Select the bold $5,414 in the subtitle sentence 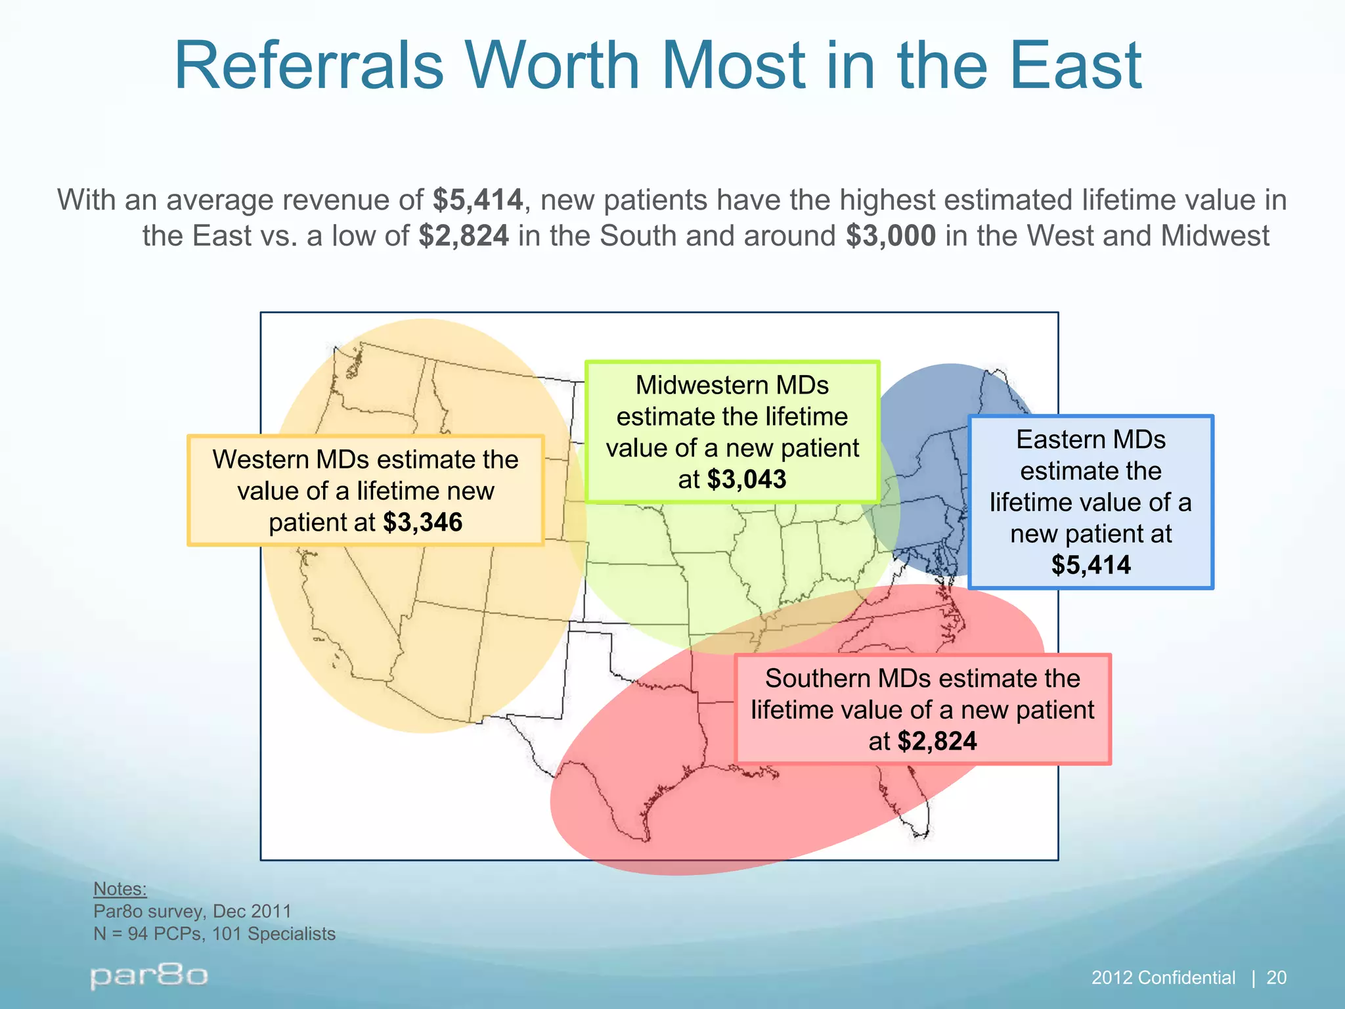[477, 200]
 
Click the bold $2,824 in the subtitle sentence [464, 236]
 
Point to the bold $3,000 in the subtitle [891, 236]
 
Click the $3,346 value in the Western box [423, 523]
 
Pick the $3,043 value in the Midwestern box [747, 480]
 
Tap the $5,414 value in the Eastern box [1091, 565]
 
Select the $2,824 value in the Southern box [937, 742]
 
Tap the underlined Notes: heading [120, 889]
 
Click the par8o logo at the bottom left [149, 976]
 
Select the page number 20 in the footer [1276, 978]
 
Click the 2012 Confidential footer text [1163, 978]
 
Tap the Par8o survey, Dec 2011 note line [192, 911]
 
